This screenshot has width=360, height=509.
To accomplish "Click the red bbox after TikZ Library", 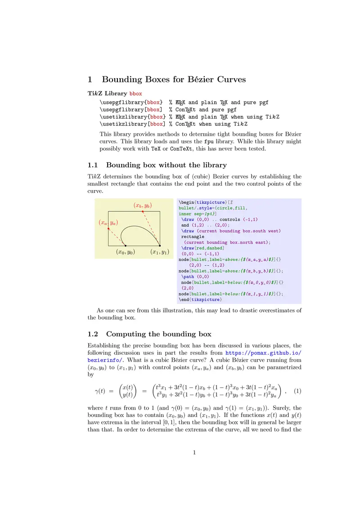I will [x=135, y=94].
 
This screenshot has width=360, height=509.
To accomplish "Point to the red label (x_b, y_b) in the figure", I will [x=143, y=205].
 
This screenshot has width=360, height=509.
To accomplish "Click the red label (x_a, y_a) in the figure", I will [x=108, y=223].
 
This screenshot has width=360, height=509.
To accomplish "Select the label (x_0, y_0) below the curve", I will [x=126, y=252].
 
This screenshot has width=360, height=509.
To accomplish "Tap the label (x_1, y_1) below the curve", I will [x=159, y=252].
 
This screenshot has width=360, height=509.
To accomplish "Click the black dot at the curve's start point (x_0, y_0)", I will [x=126, y=246].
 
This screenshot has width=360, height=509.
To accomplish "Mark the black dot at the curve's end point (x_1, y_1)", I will [x=160, y=246].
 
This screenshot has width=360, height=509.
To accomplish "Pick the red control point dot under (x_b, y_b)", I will [x=143, y=211].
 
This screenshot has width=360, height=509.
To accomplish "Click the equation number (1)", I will [x=297, y=391].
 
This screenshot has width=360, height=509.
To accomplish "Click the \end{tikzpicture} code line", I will [x=200, y=299].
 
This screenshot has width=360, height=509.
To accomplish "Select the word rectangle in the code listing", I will [x=193, y=237].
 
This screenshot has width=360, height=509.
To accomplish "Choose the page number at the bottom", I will [x=194, y=453].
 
